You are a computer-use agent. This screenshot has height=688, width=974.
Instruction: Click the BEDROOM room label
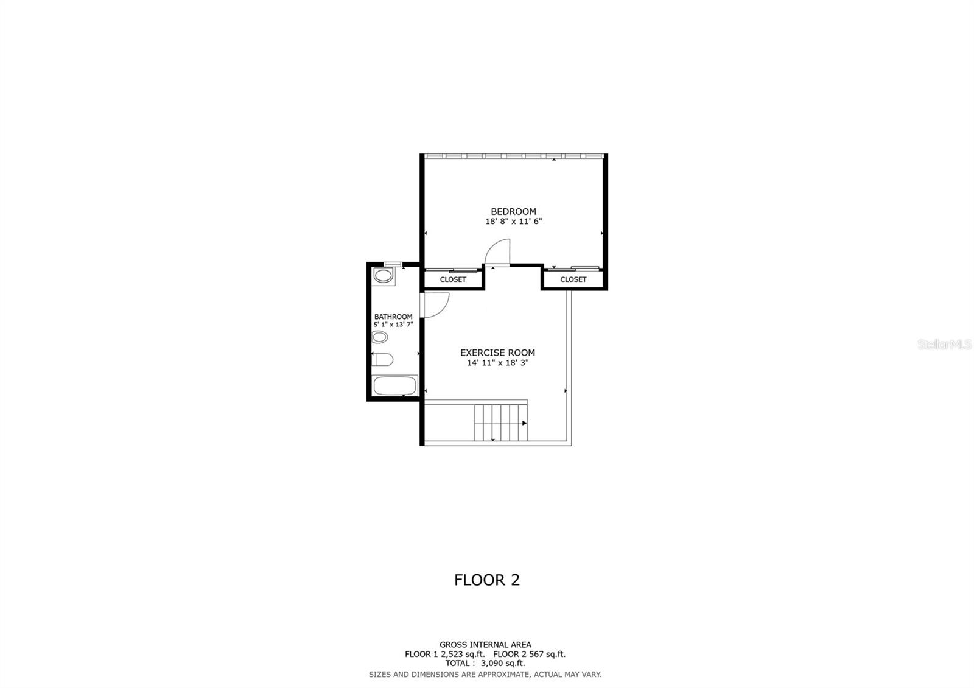pos(513,212)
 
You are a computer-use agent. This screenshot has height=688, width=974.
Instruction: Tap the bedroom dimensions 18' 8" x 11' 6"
pos(513,222)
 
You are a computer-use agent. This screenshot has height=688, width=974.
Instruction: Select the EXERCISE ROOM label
pos(497,353)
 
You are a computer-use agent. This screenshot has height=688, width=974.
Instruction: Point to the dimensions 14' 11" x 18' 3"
pos(497,363)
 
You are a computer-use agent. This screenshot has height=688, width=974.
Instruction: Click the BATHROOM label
pos(393,317)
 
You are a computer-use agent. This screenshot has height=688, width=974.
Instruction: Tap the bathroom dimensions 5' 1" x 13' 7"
pos(393,325)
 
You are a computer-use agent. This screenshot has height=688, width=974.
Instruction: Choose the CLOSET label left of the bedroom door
pos(453,279)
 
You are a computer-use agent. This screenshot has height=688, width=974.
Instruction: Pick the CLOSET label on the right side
pos(573,279)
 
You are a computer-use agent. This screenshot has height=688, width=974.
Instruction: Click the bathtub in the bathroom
pos(394,386)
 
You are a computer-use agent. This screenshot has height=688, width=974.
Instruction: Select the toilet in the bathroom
pos(382,360)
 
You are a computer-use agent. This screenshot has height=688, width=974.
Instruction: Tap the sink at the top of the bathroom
pos(383,276)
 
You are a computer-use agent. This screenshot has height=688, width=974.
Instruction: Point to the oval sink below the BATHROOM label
pos(380,338)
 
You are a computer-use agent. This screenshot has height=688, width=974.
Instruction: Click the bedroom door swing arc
pos(498,251)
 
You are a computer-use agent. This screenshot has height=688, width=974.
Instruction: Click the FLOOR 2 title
pos(486,580)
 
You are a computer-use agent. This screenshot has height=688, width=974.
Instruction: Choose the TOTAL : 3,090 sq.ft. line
pos(485,664)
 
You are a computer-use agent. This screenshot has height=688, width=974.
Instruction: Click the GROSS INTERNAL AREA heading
pos(485,645)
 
